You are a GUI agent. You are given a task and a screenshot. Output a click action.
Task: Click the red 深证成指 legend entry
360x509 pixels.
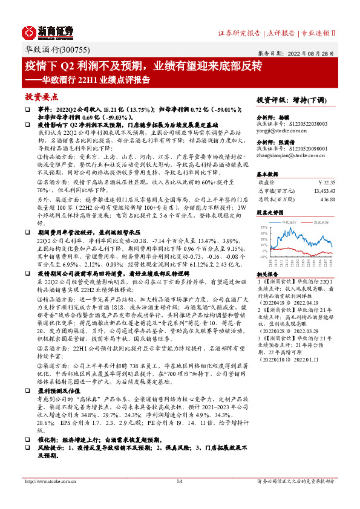click(x=320, y=222)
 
